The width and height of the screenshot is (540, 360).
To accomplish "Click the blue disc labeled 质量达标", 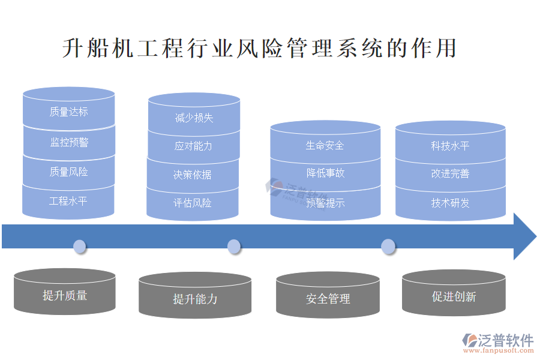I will click(x=68, y=112).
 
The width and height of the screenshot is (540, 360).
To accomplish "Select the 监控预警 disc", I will click(x=68, y=143).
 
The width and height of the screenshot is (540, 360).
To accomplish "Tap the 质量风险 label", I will click(x=68, y=172).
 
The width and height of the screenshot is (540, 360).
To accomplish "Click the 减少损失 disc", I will click(x=194, y=118).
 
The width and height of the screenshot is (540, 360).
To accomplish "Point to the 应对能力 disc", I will click(x=193, y=146).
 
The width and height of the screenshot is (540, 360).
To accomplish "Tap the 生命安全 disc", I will click(x=325, y=146).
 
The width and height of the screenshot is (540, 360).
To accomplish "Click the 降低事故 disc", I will click(x=325, y=173).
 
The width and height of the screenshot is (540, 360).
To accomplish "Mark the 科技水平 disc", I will click(x=450, y=146).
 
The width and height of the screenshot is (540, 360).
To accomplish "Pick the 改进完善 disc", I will click(x=450, y=174).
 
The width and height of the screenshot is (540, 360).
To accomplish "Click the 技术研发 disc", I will click(x=450, y=203).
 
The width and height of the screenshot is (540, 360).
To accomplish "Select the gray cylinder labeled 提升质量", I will click(x=65, y=295).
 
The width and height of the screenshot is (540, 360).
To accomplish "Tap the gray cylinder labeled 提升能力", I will click(x=195, y=298).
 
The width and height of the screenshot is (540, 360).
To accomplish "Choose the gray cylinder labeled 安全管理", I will click(x=328, y=298).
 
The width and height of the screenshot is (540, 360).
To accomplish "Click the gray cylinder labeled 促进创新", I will click(x=454, y=296).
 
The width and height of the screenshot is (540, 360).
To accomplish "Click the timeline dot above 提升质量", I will click(x=79, y=246).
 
